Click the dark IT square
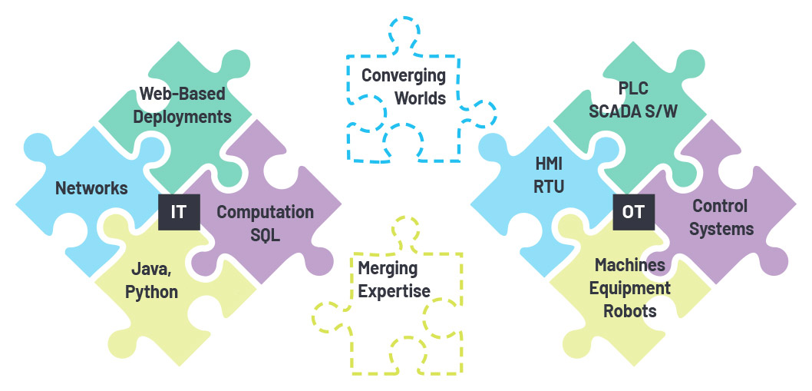(x=179, y=211)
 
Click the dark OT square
(x=633, y=211)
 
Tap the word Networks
(x=91, y=188)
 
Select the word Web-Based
(x=183, y=94)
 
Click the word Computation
(x=265, y=212)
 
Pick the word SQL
(x=265, y=235)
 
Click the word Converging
(x=404, y=75)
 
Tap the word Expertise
(x=394, y=291)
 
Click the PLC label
(x=633, y=88)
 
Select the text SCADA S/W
(x=633, y=111)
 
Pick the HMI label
(x=550, y=164)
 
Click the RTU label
(x=550, y=187)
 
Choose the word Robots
(x=629, y=311)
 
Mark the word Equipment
(x=632, y=288)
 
